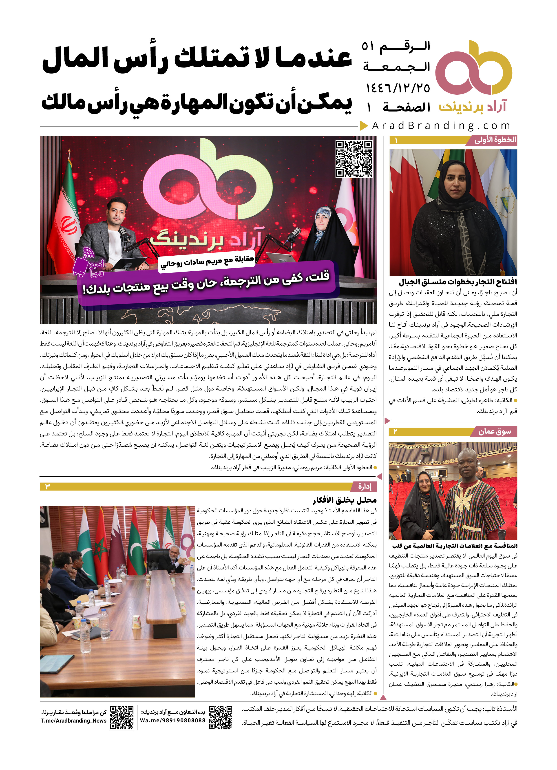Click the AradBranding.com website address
441,126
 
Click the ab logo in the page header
473,68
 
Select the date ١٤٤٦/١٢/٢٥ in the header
398,88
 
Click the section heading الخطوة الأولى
495,140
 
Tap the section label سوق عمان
494,432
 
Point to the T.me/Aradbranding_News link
74,721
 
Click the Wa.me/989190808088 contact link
173,721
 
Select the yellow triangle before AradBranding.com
364,126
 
